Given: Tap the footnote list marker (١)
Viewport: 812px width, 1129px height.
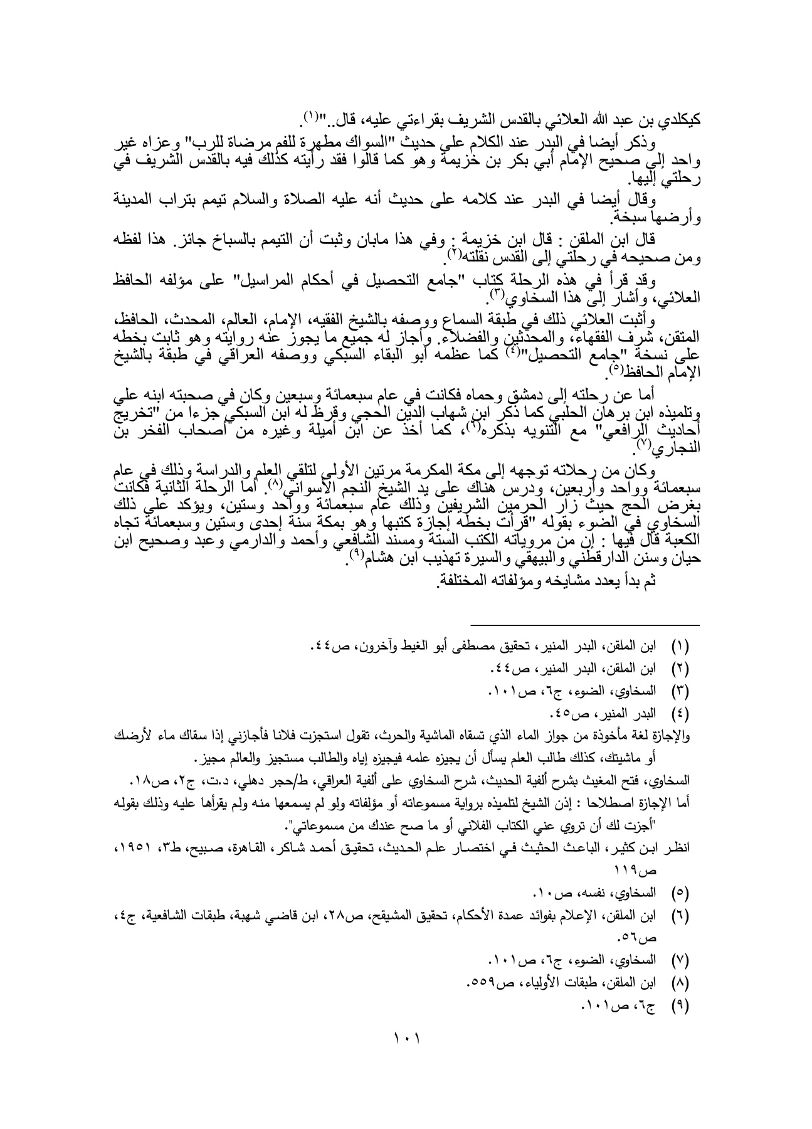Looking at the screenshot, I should pyautogui.click(x=680, y=645).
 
